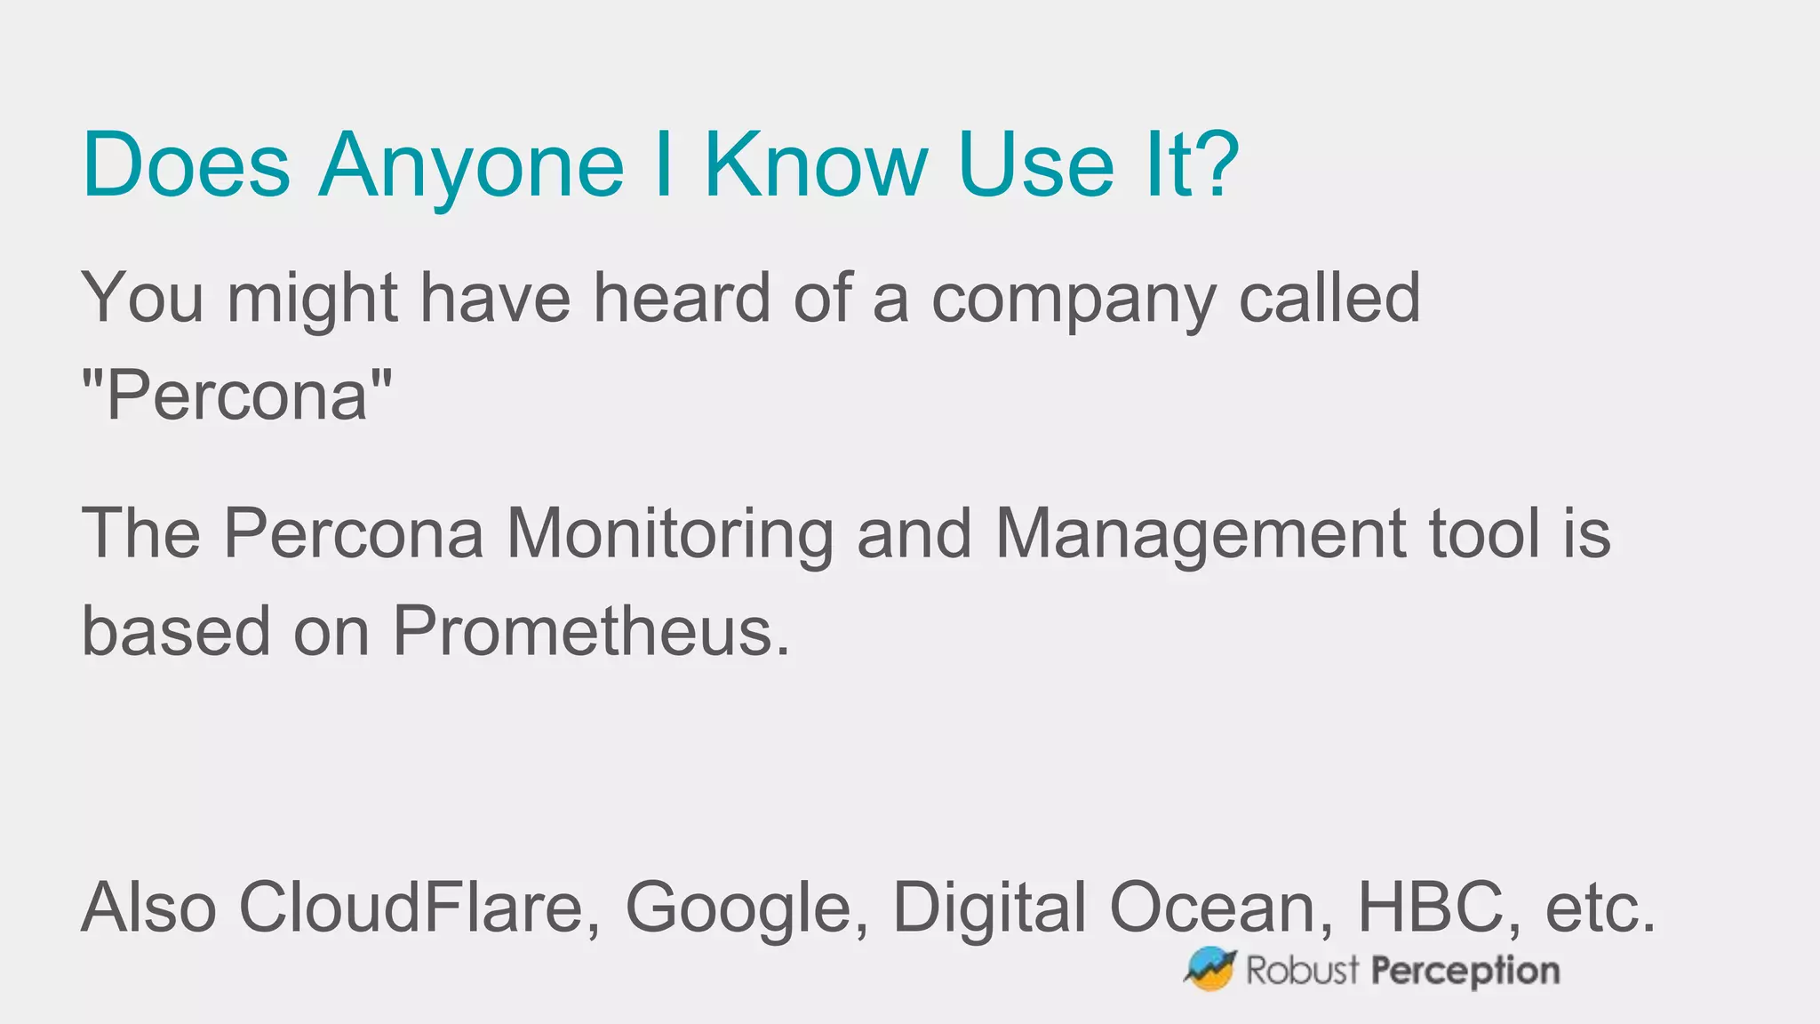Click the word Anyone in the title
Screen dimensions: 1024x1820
(471, 165)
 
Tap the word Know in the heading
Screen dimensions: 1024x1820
(816, 165)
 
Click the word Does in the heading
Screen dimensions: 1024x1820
(186, 165)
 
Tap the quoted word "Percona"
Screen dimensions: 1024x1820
(236, 396)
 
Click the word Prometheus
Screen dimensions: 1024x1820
(590, 631)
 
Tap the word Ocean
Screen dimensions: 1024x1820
(1220, 908)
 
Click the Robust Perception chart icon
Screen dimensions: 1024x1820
(1209, 969)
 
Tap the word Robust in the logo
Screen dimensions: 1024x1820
(1302, 970)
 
